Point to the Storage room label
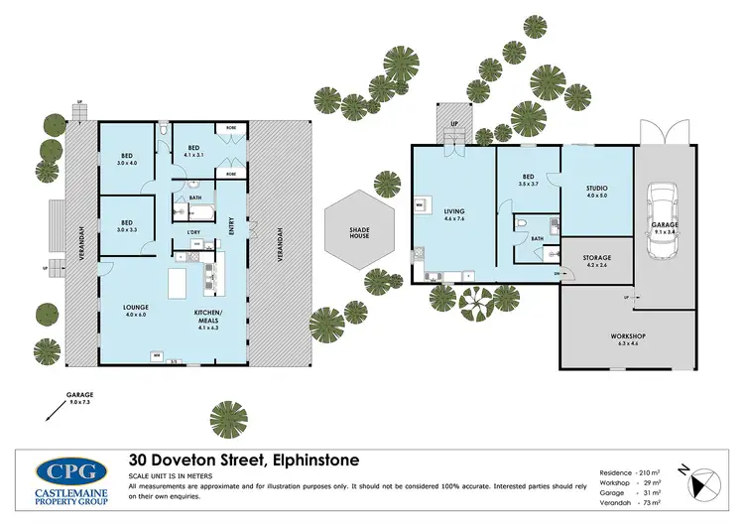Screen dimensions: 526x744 [x=596, y=260]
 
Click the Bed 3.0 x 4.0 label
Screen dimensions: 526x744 [x=127, y=160]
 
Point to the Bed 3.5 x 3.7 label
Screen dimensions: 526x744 [x=528, y=181]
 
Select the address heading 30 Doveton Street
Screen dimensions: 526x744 [x=244, y=460]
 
